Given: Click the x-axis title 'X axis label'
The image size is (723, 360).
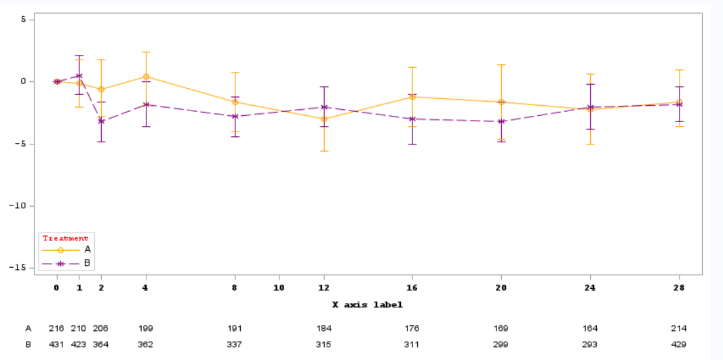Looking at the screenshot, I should pos(367,305).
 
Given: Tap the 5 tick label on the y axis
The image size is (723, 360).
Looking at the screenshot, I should pos(23,19).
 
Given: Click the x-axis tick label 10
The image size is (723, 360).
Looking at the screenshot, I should pos(279,288).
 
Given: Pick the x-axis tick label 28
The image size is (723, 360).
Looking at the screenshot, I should pos(679,288).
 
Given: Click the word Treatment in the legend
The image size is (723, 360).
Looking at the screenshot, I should pos(66,239).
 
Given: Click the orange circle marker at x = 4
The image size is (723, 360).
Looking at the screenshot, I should pos(146,77).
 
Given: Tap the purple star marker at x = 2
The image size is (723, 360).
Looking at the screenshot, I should pos(101,121).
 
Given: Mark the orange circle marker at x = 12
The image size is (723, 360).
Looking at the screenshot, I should pos(324,119).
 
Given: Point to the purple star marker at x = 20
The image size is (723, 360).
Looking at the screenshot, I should pos(501,121).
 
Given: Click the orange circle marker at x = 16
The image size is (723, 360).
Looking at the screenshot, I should pos(412,97).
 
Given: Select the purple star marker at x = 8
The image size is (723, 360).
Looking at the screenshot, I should pos(235,117).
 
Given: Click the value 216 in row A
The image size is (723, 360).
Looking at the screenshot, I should pos(56,328).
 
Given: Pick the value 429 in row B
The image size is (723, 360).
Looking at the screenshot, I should pos(679,344).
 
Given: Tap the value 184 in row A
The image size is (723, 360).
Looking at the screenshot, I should pos(324,328).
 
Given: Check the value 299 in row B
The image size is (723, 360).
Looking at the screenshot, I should pos(501,344).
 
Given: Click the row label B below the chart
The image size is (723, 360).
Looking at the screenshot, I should pos(28,344).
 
